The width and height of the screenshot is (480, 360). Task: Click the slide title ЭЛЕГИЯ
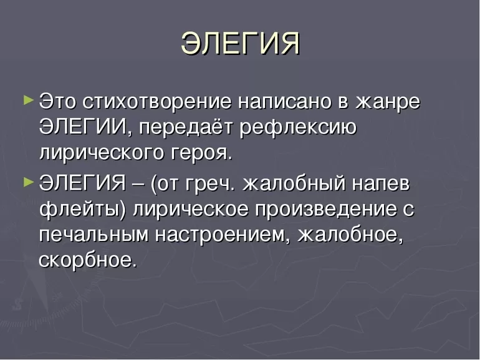(x=240, y=43)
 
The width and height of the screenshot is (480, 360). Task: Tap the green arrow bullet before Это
(x=28, y=100)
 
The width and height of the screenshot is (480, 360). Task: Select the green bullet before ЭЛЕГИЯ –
(x=28, y=183)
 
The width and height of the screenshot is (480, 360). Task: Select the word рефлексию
(x=298, y=127)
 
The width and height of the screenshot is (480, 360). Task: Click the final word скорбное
(x=87, y=261)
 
